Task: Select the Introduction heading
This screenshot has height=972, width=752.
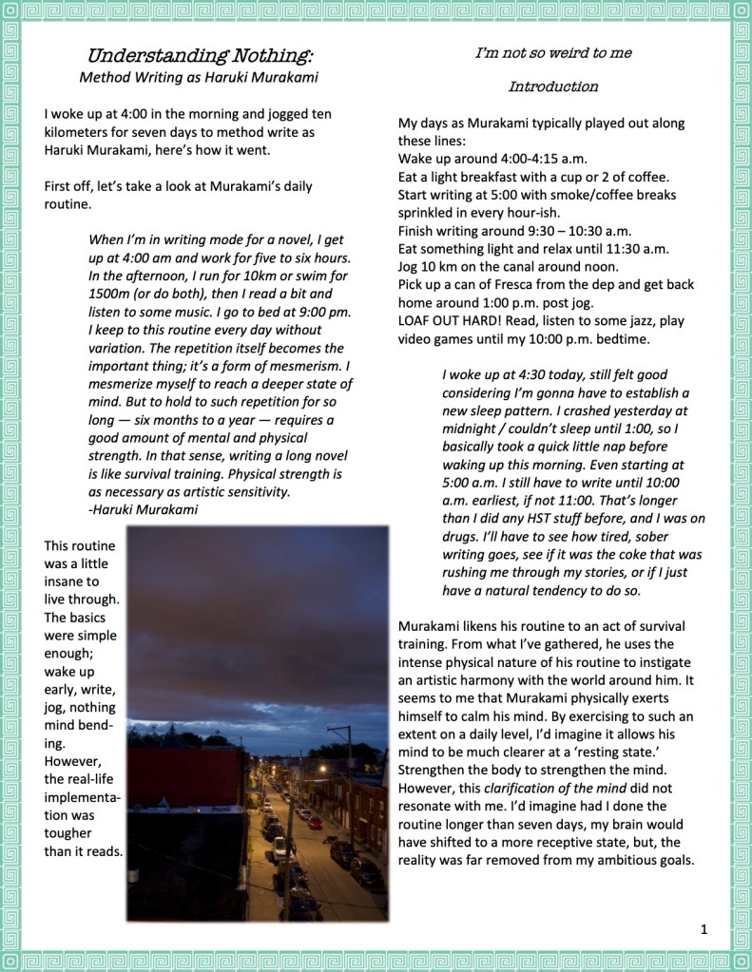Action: pos(553,86)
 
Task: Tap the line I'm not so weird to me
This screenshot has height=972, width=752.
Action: pos(553,53)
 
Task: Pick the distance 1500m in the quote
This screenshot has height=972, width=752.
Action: pos(109,294)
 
